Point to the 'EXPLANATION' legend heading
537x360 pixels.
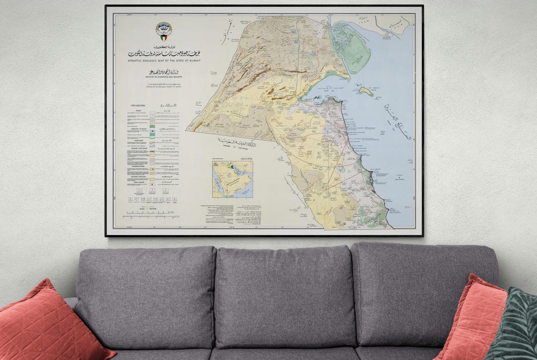(x=138, y=106)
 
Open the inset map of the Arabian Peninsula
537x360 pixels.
(x=232, y=179)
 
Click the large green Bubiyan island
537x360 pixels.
(x=351, y=47)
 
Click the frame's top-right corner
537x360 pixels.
(x=422, y=6)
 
